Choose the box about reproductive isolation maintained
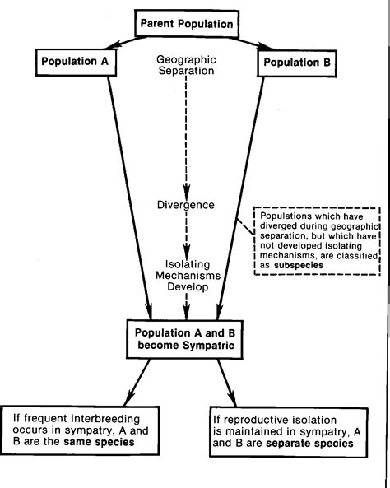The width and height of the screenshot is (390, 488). [x=293, y=430]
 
